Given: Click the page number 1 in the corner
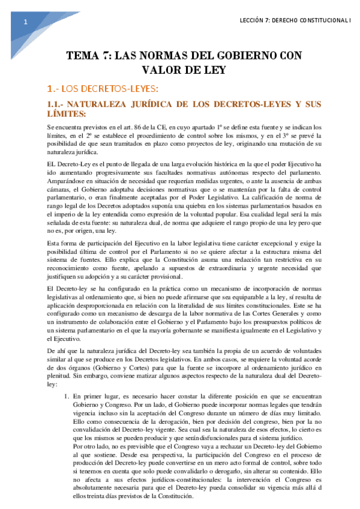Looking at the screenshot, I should point(25,22).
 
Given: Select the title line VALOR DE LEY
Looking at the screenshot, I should point(179,70).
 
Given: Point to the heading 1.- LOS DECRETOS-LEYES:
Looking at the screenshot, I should point(103,89).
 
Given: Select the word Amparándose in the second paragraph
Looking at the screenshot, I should point(67,181).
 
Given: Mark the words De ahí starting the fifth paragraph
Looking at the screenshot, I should point(55,350).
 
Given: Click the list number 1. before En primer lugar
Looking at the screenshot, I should point(66,397).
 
